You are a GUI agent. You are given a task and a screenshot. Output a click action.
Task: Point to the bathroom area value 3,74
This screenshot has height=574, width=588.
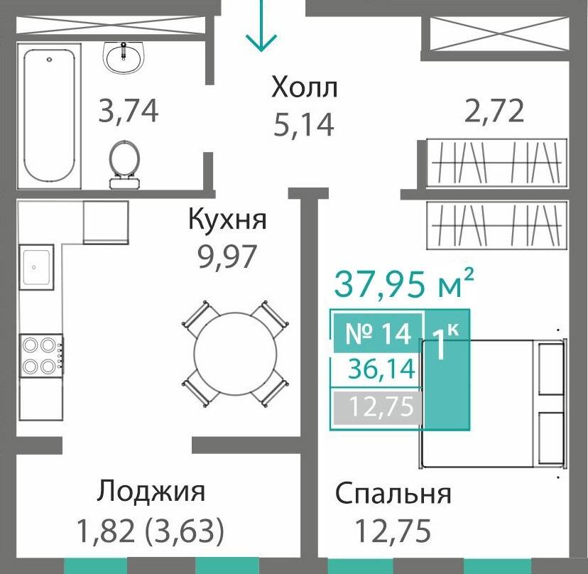(128, 112)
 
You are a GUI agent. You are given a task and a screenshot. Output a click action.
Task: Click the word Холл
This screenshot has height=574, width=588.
(303, 89)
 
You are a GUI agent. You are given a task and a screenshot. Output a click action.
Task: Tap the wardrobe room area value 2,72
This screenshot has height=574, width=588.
(495, 111)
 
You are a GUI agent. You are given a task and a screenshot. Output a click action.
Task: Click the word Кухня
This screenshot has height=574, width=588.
(227, 220)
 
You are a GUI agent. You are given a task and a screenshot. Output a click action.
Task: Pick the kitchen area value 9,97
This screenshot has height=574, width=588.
(227, 255)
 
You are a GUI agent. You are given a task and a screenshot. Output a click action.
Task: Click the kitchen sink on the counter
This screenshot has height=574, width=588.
(35, 267)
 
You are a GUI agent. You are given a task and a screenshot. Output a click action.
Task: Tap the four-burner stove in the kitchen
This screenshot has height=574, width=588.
(40, 356)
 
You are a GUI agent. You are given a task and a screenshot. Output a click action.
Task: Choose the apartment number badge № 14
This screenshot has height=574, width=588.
(377, 333)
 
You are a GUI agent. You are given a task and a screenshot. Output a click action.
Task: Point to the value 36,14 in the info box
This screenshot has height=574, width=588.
(382, 370)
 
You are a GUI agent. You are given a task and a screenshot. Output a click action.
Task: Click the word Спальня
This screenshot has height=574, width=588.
(393, 493)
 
